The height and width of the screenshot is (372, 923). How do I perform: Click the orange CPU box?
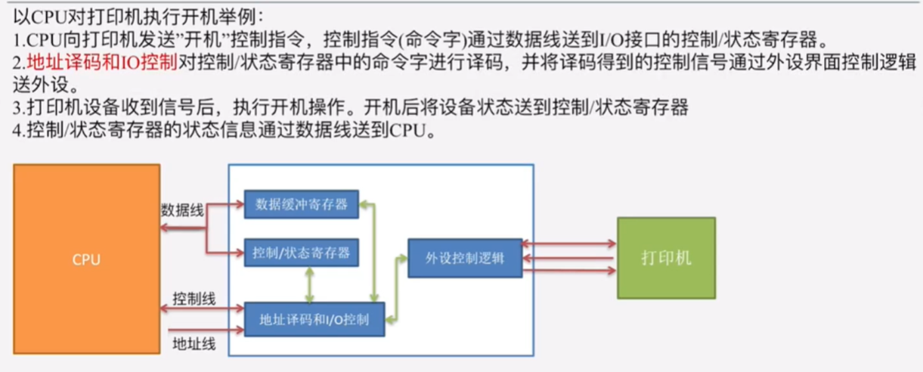(87, 259)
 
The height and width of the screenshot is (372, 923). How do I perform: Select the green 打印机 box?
(666, 258)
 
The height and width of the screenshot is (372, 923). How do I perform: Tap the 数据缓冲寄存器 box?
(301, 204)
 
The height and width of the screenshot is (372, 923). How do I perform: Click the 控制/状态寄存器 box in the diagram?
(301, 253)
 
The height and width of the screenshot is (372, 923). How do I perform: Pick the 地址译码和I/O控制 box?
(314, 319)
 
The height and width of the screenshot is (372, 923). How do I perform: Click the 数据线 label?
(181, 209)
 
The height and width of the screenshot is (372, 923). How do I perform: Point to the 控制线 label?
(194, 299)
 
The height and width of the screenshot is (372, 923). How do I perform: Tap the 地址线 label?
(194, 343)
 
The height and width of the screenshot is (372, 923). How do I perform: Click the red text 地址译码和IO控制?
(101, 61)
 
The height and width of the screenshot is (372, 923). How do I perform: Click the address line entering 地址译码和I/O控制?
(204, 330)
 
